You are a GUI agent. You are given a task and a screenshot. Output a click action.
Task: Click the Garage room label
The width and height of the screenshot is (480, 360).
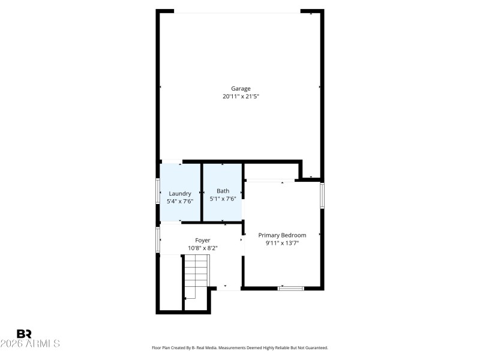(241, 89)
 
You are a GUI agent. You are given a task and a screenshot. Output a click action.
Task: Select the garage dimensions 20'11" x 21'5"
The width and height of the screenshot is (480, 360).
(241, 96)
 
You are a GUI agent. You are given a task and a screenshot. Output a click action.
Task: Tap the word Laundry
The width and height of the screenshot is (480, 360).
(180, 193)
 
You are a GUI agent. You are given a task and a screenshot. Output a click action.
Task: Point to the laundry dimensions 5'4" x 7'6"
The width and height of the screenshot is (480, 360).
(180, 201)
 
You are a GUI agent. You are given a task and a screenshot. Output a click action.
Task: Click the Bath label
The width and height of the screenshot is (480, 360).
(223, 191)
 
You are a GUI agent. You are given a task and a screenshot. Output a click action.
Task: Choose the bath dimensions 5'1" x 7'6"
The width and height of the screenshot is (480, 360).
(223, 199)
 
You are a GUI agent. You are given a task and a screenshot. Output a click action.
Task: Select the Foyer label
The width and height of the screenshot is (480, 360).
(202, 240)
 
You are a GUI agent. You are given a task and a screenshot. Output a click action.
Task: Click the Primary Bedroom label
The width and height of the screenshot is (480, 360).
(282, 235)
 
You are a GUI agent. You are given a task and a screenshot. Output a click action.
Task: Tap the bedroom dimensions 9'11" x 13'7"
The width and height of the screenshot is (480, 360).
(282, 243)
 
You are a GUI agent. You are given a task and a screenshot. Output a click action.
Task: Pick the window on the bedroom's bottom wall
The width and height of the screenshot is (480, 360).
(290, 289)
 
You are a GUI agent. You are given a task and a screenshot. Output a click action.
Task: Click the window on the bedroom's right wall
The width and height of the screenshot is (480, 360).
(322, 196)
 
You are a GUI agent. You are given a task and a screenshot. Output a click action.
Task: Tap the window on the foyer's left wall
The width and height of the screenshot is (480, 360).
(158, 239)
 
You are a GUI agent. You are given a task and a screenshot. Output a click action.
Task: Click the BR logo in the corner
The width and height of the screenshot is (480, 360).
(24, 334)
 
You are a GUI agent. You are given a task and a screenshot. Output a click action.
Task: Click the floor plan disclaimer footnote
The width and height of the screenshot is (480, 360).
(240, 347)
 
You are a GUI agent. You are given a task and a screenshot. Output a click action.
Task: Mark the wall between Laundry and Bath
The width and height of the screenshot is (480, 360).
(201, 193)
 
